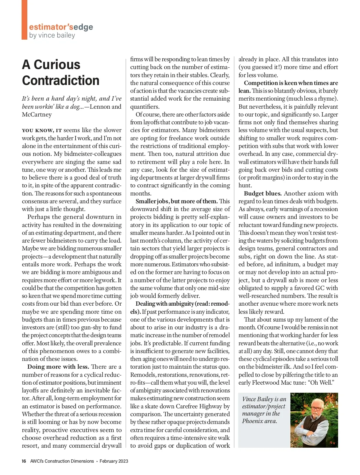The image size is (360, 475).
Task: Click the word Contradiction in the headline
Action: (x=61, y=80)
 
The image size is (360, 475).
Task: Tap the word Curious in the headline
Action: (x=57, y=65)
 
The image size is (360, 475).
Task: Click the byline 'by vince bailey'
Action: (x=52, y=35)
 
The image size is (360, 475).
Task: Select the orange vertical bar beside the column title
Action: (x=24, y=20)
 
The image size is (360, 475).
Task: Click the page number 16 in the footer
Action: (x=24, y=461)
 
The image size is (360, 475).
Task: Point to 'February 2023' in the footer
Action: (x=114, y=461)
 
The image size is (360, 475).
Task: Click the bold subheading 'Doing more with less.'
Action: (x=58, y=367)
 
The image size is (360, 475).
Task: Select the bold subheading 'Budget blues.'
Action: (x=263, y=193)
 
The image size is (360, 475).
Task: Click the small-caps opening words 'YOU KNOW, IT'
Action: (x=42, y=130)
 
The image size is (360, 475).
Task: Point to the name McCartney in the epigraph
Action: (x=37, y=114)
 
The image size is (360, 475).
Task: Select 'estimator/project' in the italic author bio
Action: (x=263, y=406)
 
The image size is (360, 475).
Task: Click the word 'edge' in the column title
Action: (x=83, y=27)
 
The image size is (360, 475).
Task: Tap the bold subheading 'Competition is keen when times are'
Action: (x=291, y=83)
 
